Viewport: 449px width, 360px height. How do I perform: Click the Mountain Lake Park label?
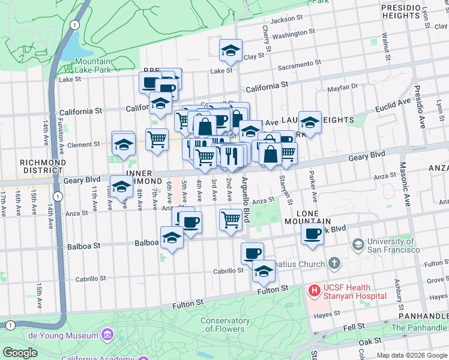tap(93, 66)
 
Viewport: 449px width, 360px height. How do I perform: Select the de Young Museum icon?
tap(107, 334)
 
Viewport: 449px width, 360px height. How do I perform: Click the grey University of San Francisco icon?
tap(358, 244)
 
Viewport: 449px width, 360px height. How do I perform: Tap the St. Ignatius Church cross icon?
tap(334, 263)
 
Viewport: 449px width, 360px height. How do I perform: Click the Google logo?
tap(20, 353)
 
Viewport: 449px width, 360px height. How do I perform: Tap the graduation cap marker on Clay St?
tap(230, 50)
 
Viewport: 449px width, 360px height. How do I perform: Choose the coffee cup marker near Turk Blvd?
tap(312, 234)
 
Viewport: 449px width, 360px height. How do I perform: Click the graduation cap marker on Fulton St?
tap(264, 271)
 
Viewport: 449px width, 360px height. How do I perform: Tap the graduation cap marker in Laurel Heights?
tap(310, 122)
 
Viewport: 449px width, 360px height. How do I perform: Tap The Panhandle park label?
tap(418, 328)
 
